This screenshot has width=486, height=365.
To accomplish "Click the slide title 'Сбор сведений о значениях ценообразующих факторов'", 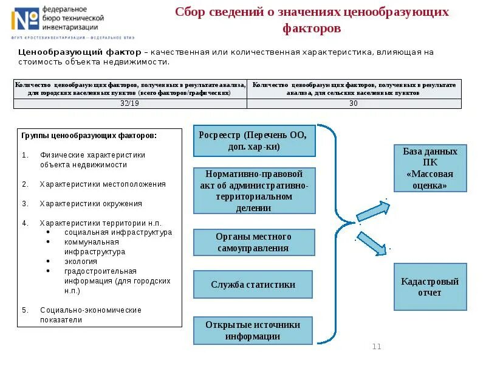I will click(x=312, y=20).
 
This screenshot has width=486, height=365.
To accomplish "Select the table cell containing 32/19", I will click(x=130, y=103).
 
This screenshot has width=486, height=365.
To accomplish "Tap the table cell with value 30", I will click(x=354, y=103).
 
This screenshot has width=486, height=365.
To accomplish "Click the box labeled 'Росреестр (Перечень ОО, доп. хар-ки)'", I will click(x=255, y=141).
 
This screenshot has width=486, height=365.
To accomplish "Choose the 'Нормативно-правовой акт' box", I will click(x=255, y=191).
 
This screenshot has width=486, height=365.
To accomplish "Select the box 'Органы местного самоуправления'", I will click(x=254, y=242).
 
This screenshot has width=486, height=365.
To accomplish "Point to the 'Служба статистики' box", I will click(x=253, y=284).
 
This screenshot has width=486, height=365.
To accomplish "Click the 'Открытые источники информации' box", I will click(x=253, y=330).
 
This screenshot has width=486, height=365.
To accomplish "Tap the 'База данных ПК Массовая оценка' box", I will click(x=430, y=168).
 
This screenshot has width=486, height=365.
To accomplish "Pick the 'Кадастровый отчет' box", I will click(x=430, y=287).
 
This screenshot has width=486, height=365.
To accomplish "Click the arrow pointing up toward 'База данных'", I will click(x=372, y=210).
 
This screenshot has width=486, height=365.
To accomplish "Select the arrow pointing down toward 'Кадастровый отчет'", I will click(x=372, y=240).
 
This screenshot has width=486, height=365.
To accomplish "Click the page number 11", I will click(x=376, y=347).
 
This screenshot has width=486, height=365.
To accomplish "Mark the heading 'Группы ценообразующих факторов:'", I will click(x=89, y=136).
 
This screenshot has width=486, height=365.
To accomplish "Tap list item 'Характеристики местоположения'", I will click(x=103, y=184).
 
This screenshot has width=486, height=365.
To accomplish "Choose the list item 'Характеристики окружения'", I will click(x=91, y=204).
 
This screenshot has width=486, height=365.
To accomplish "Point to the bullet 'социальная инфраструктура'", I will click(x=118, y=232).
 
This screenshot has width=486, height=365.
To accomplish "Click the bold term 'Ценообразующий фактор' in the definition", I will click(x=80, y=52).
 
